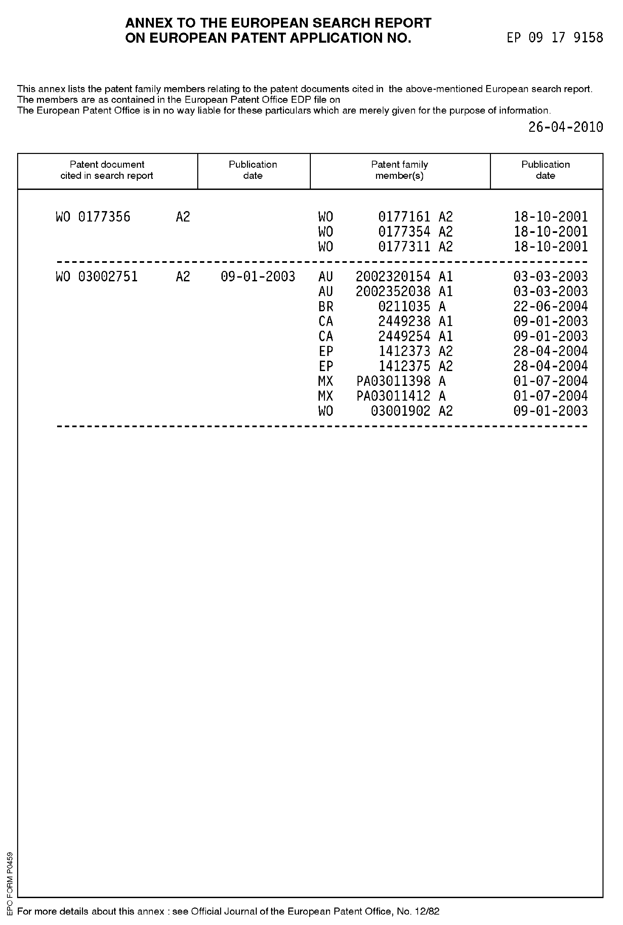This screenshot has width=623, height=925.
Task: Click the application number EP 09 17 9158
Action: pos(555,38)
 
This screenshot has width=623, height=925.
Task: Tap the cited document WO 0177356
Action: pos(93,217)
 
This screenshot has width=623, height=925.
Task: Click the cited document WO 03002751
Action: pos(97,277)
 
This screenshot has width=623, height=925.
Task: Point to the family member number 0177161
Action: pos(404,217)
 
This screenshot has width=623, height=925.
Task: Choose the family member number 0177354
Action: pos(404,232)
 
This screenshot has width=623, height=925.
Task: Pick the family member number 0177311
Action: pos(404,247)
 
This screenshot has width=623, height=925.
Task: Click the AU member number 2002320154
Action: pos(393,277)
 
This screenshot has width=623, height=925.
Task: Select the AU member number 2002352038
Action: pos(393,292)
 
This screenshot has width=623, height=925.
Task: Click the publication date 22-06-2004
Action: pos(550,306)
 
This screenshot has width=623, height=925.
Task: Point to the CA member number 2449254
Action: pos(404,336)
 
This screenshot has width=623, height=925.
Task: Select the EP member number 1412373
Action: pos(404,351)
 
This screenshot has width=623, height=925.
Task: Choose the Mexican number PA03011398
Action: pos(393,381)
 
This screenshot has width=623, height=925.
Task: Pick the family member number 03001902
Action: pos(401,411)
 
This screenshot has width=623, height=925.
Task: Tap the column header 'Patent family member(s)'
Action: pos(399,170)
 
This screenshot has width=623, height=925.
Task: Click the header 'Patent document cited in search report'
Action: pos(107,170)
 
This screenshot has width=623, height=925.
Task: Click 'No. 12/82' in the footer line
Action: pos(418,911)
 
